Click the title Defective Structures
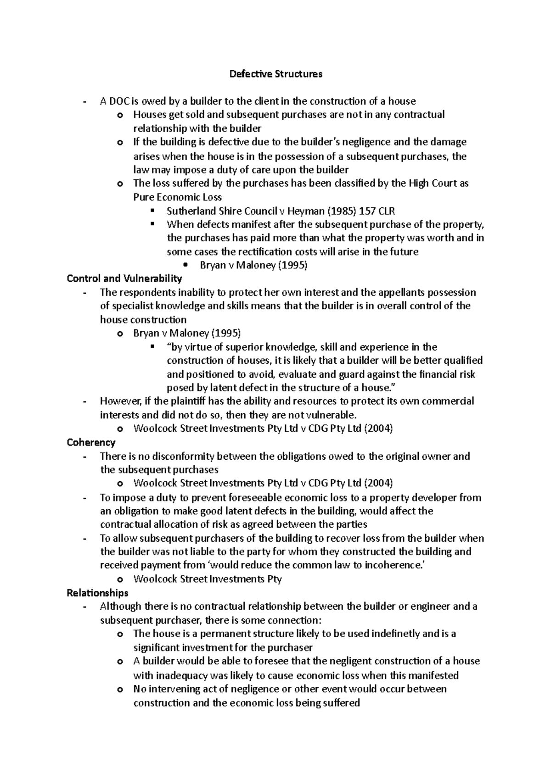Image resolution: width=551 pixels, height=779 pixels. click(276, 74)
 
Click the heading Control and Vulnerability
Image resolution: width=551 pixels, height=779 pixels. click(124, 278)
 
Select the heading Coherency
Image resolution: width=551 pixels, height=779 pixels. click(91, 442)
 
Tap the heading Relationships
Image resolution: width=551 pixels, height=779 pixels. click(97, 593)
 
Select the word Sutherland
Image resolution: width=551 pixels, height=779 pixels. click(188, 211)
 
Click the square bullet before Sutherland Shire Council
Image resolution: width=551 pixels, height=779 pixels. click(153, 211)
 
